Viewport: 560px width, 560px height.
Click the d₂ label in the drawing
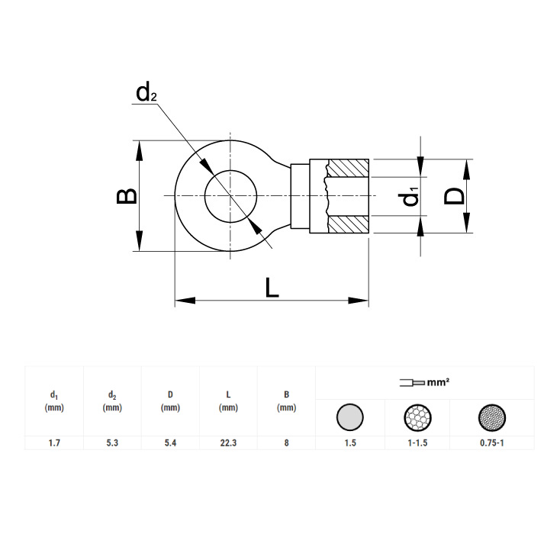pos(146,93)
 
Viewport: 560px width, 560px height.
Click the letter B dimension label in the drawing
pos(127,196)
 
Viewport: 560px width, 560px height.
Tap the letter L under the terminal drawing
pos(272,288)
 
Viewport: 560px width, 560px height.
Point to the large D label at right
pos(454,196)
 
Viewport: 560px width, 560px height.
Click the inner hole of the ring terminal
pos(230,196)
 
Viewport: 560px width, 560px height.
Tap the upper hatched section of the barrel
pos(348,168)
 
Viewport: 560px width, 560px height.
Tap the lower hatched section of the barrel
pos(348,224)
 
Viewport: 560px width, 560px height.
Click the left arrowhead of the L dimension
pos(185,301)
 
